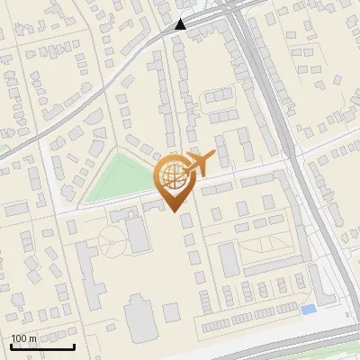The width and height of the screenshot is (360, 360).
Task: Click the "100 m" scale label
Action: (24, 337)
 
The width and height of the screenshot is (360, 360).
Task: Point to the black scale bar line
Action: (42, 346)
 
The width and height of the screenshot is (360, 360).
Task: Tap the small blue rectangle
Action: (309, 310)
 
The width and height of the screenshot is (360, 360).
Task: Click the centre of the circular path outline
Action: (112, 241)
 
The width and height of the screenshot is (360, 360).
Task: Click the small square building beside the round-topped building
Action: (171, 312)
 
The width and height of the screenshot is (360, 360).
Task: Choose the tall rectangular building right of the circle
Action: (138, 235)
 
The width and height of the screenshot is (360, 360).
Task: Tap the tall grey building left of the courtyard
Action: (229, 259)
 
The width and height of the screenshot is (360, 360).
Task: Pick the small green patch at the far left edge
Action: (3, 148)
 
